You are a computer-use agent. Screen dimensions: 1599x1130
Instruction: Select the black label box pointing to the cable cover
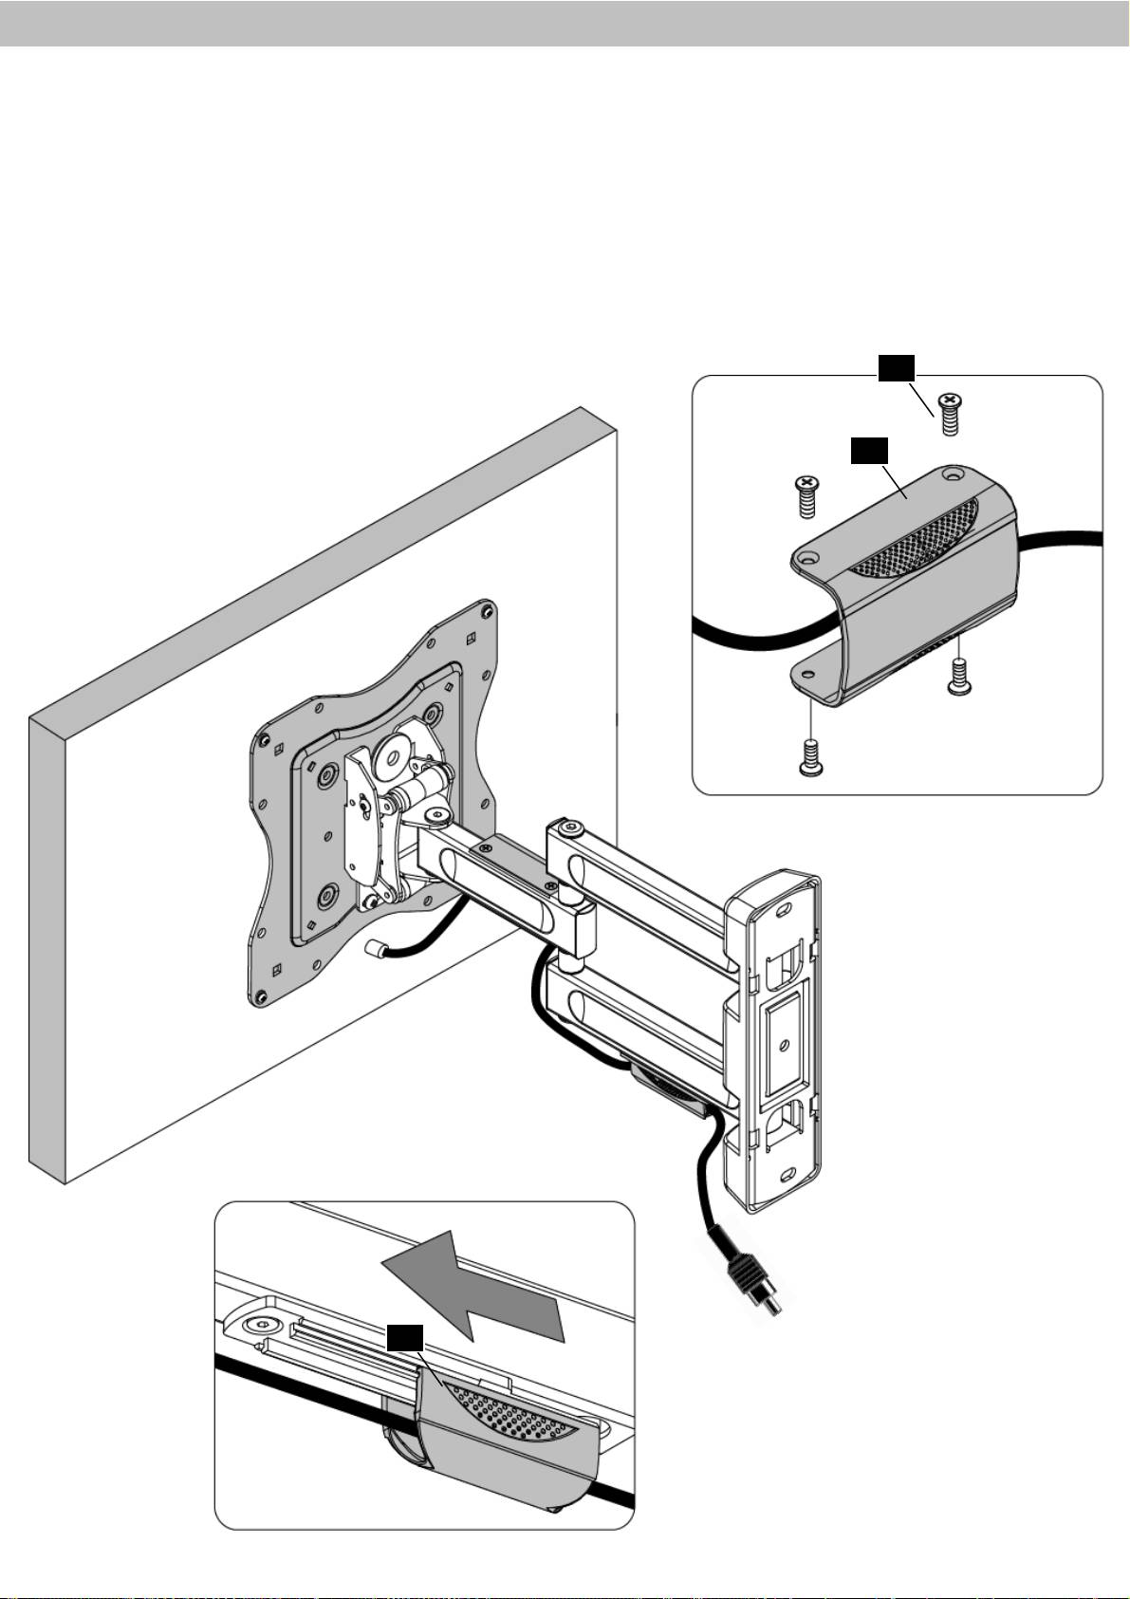(867, 450)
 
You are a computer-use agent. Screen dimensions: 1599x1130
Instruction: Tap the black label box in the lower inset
(405, 1338)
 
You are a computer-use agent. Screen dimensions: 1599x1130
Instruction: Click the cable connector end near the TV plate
(374, 948)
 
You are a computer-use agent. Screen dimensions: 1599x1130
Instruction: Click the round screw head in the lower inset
(257, 1326)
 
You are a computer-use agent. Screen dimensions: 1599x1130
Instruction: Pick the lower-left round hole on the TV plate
(328, 893)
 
